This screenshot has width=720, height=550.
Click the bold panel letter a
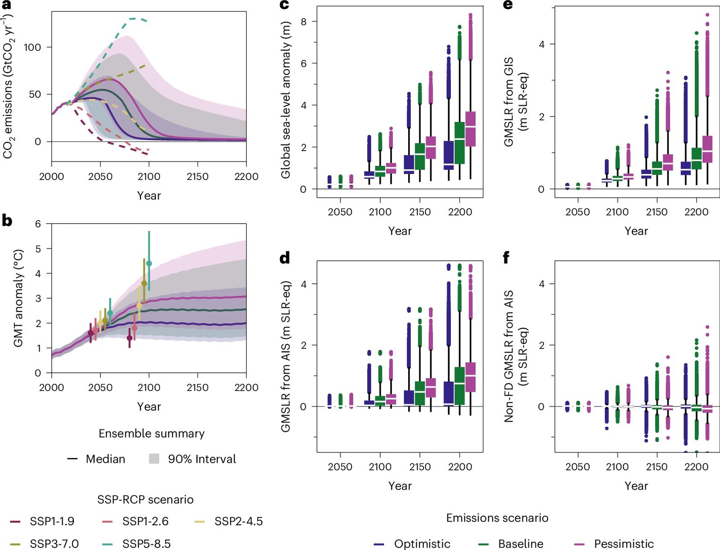pyautogui.click(x=7, y=6)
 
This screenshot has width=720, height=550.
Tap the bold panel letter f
pyautogui.click(x=507, y=258)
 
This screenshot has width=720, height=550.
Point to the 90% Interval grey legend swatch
pyautogui.click(x=154, y=459)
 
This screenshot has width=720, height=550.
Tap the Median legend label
pyautogui.click(x=105, y=459)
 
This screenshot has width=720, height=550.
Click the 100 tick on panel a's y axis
pyautogui.click(x=32, y=47)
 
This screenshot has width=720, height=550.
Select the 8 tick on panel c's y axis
pyautogui.click(x=304, y=21)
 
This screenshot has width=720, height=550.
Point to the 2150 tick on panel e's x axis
pyautogui.click(x=657, y=212)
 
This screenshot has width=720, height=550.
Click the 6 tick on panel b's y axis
pyautogui.click(x=38, y=224)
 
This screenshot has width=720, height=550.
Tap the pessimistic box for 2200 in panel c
pyautogui.click(x=470, y=129)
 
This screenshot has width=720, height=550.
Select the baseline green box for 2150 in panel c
pyautogui.click(x=420, y=156)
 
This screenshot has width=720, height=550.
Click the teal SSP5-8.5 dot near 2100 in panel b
pyautogui.click(x=149, y=263)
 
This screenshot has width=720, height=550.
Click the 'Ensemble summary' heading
pyautogui.click(x=152, y=434)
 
